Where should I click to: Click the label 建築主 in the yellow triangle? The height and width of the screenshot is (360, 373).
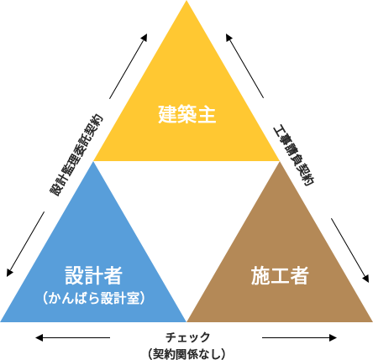click(x=186, y=114)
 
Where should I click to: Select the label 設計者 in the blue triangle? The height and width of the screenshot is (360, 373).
click(x=94, y=275)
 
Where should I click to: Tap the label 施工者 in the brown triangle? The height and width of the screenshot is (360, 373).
click(x=280, y=275)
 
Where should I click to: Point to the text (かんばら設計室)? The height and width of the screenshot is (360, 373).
click(x=94, y=298)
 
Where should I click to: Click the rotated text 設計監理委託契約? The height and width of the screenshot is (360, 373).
click(x=76, y=154)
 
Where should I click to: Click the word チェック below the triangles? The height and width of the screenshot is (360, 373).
click(x=187, y=337)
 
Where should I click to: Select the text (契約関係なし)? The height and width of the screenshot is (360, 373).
click(x=186, y=353)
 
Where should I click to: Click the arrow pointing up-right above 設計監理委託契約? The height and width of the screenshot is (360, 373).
click(x=129, y=66)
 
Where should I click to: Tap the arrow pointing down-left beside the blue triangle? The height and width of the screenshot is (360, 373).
click(x=25, y=244)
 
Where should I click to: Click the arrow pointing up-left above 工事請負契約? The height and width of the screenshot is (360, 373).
click(x=245, y=65)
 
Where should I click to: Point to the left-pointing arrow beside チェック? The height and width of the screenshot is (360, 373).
click(x=72, y=337)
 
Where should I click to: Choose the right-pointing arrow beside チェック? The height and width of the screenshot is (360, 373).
click(x=299, y=337)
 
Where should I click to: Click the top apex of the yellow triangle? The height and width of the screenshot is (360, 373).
click(x=186, y=1)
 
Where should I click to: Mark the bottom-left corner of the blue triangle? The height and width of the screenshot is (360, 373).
click(x=1, y=321)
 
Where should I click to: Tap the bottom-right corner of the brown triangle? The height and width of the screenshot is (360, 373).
click(x=372, y=321)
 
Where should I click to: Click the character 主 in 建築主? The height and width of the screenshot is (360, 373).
click(x=207, y=114)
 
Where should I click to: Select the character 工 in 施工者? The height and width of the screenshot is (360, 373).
click(x=280, y=275)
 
